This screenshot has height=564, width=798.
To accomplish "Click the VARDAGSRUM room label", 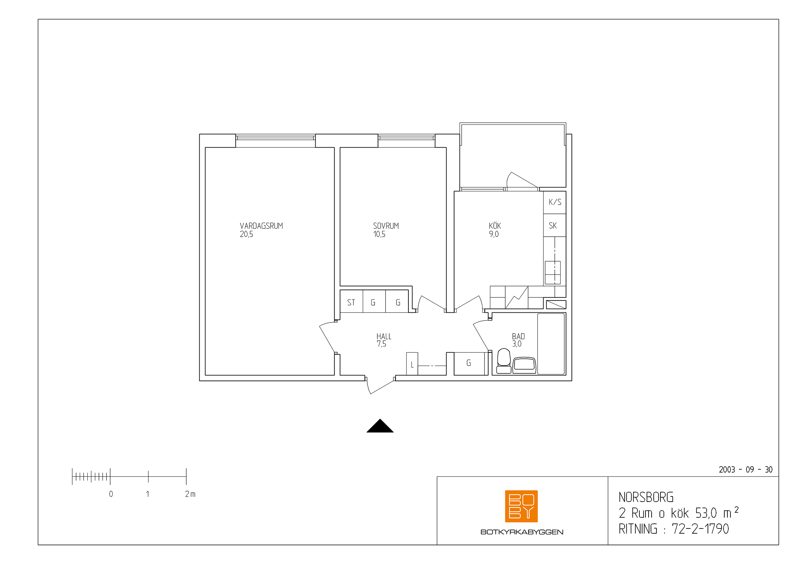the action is coord(261,226).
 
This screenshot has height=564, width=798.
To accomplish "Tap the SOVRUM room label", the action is coord(386,226).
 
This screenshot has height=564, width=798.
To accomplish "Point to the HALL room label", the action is coord(384,337).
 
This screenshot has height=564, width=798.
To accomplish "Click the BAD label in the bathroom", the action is coord(518,337).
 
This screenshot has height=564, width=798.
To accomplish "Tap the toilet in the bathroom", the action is coord(504,361).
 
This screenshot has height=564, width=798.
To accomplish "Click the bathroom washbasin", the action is coord(524,365).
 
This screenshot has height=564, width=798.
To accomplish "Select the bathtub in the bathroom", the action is coord(551,344).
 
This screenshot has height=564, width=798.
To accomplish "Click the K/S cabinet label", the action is coord(555,202).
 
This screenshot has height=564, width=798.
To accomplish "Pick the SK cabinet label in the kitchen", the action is coord(553,226).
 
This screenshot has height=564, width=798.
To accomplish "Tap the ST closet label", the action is coord(351,302).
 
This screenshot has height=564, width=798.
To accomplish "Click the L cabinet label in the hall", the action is coord(412,365).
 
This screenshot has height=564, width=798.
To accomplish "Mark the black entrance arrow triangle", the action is coord(380,426).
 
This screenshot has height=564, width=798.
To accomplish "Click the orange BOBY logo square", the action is coord(521,506).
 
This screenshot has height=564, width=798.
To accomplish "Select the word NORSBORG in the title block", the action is coord(646,497).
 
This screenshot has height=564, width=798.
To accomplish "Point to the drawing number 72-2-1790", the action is coord(700,529).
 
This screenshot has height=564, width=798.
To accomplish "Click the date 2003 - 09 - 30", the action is coord(745,470).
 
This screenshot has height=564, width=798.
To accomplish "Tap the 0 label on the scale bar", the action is coord(111,494).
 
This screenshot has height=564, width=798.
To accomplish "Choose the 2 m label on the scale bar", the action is coord(190,494).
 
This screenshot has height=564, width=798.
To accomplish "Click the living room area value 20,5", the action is coord(246,234).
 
